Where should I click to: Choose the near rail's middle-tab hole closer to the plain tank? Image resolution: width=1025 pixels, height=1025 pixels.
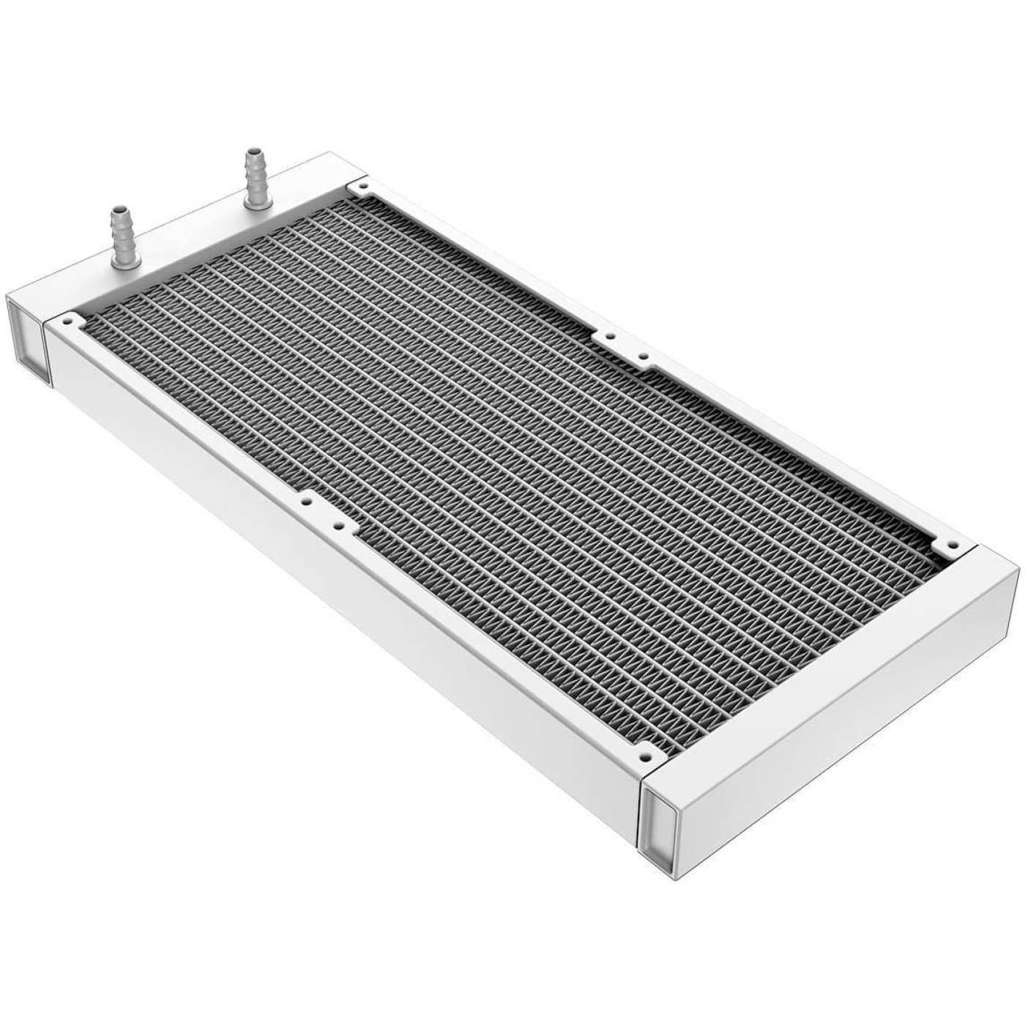[x=337, y=524]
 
